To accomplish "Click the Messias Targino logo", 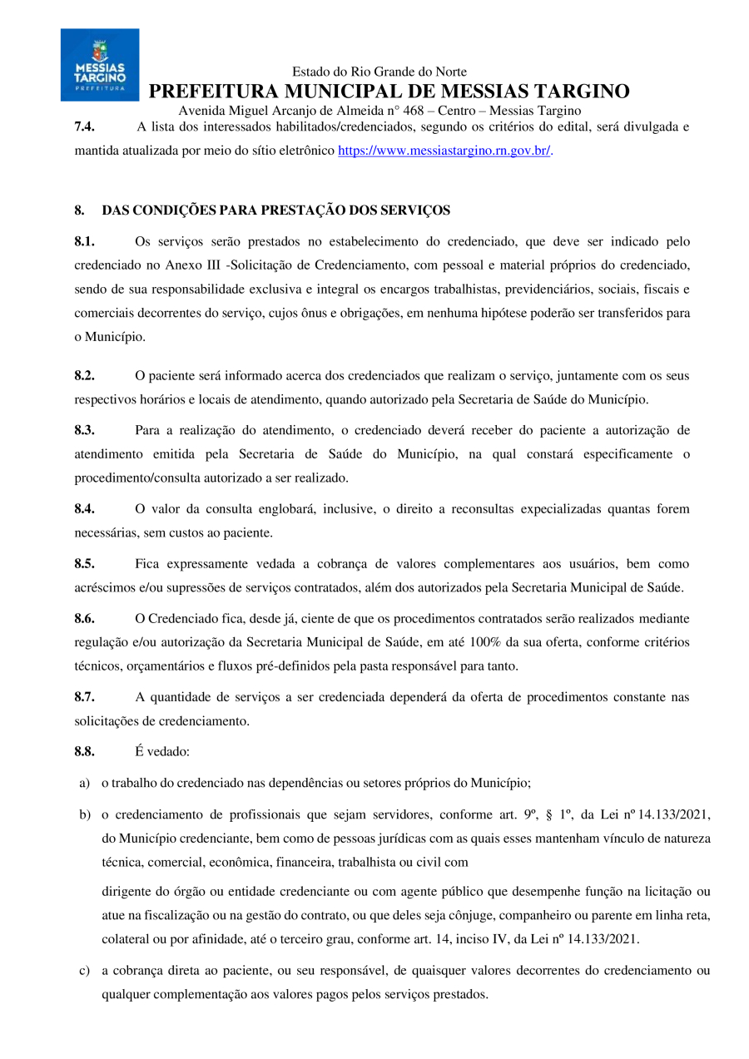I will pyautogui.click(x=100, y=65).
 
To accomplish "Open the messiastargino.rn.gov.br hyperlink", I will pyautogui.click(x=444, y=151).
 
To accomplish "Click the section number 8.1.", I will pyautogui.click(x=84, y=241).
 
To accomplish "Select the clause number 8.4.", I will pyautogui.click(x=84, y=508).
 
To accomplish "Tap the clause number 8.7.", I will pyautogui.click(x=84, y=697).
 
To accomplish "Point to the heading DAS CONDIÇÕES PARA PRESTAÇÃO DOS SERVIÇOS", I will pyautogui.click(x=275, y=210).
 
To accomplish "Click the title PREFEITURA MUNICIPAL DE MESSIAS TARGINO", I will pyautogui.click(x=389, y=92).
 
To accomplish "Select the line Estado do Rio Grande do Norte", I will pyautogui.click(x=379, y=72).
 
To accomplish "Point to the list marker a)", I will pyautogui.click(x=85, y=782).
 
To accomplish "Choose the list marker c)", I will pyautogui.click(x=85, y=971).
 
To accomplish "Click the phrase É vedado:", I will pyautogui.click(x=162, y=752).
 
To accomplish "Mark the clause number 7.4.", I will pyautogui.click(x=84, y=127).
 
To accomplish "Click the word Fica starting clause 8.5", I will pyautogui.click(x=146, y=563).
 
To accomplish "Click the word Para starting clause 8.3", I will pyautogui.click(x=148, y=430).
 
